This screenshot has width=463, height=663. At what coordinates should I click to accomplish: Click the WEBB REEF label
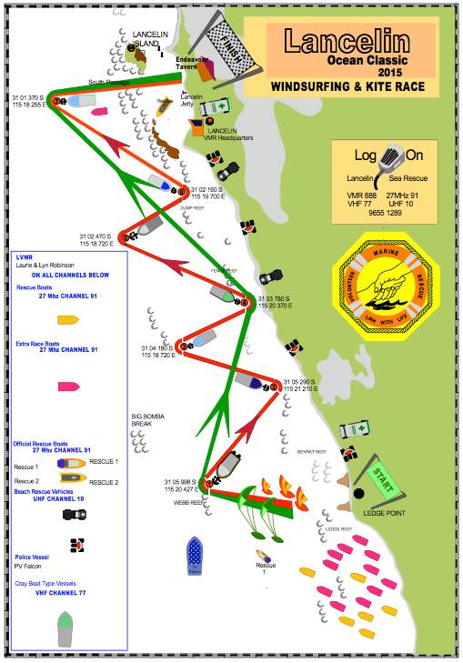[x=178, y=501]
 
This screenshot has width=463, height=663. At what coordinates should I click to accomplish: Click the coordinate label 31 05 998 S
[x=180, y=481]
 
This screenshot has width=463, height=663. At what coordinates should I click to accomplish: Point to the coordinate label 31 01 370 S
[x=27, y=96]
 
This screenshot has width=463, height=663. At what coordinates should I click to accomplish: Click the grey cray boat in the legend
[x=65, y=628]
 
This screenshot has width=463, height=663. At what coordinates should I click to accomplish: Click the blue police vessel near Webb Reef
[x=194, y=556]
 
